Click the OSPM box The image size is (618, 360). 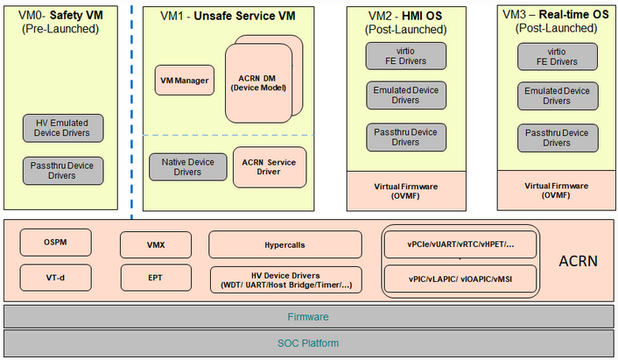click(x=55, y=243)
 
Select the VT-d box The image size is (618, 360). click(x=55, y=278)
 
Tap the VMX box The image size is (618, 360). click(x=154, y=244)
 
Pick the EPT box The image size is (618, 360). click(x=154, y=279)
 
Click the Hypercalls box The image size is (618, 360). click(x=284, y=244)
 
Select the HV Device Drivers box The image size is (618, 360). click(x=284, y=279)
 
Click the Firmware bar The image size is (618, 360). click(x=308, y=316)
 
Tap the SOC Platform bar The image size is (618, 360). click(x=308, y=342)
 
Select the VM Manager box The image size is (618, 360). click(x=184, y=81)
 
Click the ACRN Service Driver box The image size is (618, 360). click(x=270, y=166)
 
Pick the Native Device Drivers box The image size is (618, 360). click(x=187, y=166)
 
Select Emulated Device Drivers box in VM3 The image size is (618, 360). click(x=557, y=95)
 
